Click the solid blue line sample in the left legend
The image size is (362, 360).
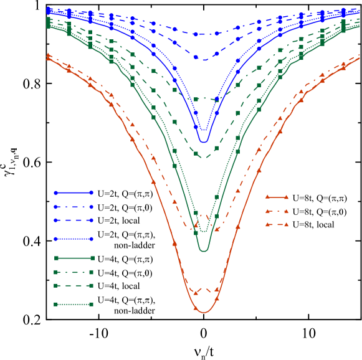pos(74,192)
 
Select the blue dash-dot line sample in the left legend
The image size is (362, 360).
pos(74,207)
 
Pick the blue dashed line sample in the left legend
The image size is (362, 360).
pos(74,220)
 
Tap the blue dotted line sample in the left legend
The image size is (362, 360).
pos(74,239)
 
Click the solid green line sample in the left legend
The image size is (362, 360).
pos(74,257)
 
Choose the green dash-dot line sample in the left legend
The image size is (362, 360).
pos(74,272)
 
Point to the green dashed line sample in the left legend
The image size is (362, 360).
pos(74,286)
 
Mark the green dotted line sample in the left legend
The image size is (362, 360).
pos(74,304)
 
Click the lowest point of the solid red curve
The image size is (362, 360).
pos(203,311)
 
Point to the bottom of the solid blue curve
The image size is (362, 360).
pos(203,142)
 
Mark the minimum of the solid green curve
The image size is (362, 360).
pos(203,251)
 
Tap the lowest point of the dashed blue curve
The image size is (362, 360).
pos(203,59)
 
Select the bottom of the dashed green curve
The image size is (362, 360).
pos(203,158)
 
